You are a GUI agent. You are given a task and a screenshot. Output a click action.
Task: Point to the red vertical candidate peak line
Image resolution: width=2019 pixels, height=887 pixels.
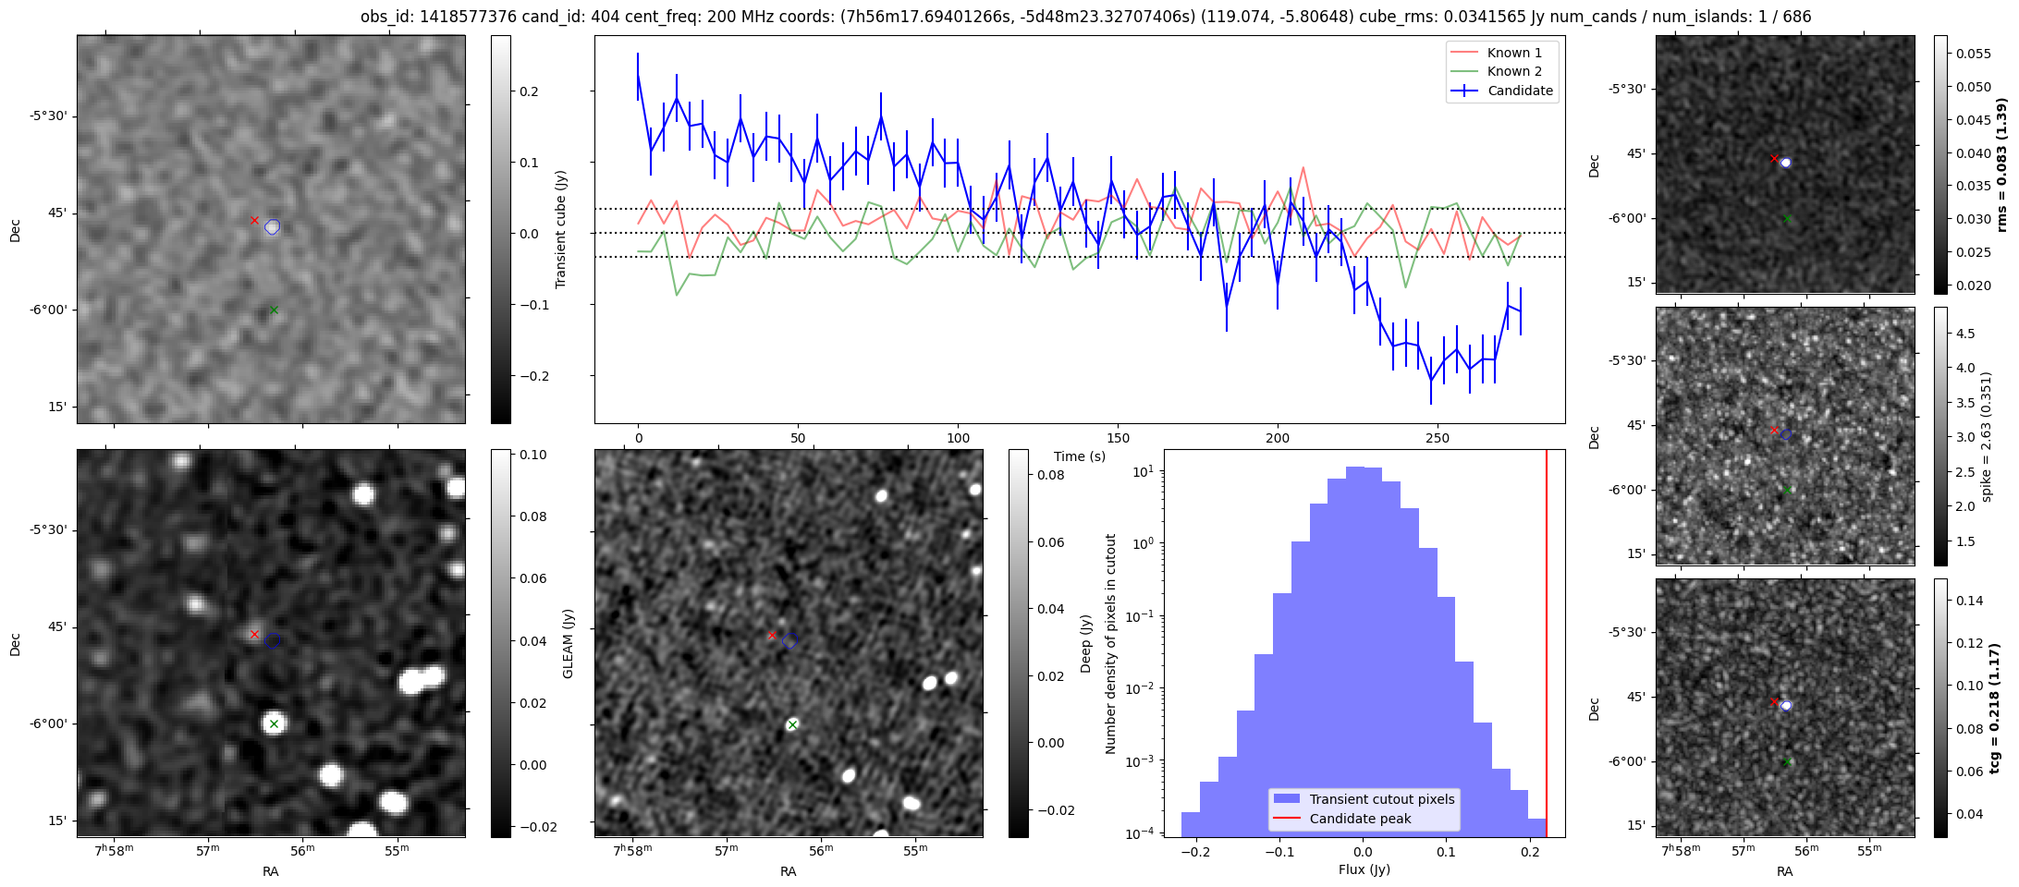coord(1547,643)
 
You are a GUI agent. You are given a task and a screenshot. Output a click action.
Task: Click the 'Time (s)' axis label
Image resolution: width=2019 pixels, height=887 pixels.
coord(1080,456)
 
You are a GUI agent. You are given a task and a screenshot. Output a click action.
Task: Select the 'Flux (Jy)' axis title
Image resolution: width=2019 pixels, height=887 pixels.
coord(1364,869)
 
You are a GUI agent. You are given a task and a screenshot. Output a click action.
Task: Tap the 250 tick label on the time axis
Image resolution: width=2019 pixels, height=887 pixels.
coord(1438,438)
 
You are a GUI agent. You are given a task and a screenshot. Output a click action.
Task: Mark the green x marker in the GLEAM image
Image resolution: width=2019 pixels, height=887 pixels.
coord(274,724)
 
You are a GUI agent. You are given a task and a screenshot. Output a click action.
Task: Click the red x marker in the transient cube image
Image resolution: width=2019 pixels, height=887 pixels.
coord(254,220)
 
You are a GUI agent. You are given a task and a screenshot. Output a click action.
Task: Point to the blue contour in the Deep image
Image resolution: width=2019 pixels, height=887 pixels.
coord(789,640)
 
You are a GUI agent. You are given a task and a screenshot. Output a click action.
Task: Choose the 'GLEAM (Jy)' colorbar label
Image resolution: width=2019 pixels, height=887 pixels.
coord(568,643)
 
